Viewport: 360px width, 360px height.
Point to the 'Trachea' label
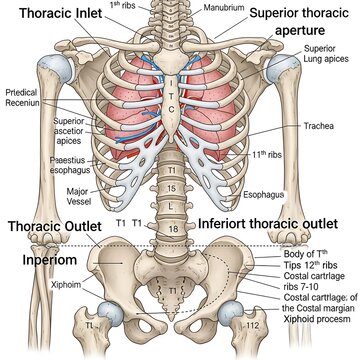coord(319,127)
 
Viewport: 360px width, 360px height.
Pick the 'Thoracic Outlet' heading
coord(54,227)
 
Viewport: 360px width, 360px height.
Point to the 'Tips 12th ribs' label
coord(310,264)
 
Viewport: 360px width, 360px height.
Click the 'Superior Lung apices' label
coord(319,61)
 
